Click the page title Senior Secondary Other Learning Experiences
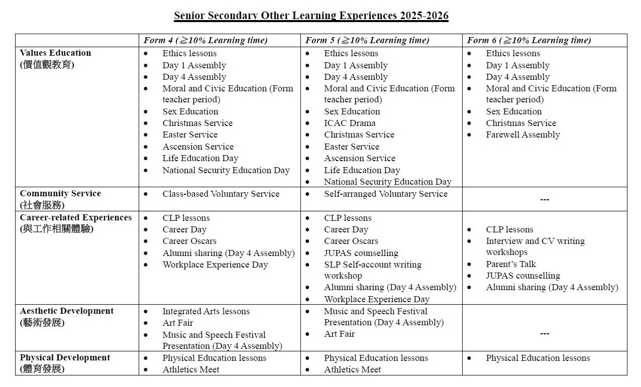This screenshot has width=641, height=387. pos(311,16)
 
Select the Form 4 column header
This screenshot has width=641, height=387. pos(205,41)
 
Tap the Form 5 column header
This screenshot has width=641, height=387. pos(367,41)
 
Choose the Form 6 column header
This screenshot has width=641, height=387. pos(529,41)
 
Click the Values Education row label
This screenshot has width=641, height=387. pos(55,53)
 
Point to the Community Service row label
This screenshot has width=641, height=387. pos(60,194)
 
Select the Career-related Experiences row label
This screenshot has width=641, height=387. pos(76,218)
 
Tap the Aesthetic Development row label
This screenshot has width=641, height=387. pos(67,311)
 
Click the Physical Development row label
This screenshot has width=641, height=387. pos(65,358)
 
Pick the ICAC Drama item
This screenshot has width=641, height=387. pos(350,123)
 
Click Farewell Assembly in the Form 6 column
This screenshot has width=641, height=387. pos(522,135)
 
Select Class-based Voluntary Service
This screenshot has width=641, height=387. pos(221,194)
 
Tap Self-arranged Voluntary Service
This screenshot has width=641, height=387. pos(385,194)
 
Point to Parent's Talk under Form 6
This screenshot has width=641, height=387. pos(511,264)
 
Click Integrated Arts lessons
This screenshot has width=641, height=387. pos(206,311)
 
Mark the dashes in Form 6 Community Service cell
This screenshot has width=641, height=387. pos(545,200)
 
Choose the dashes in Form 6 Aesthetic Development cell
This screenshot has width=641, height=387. pos(545,334)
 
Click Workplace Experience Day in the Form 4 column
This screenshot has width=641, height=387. pos(215,265)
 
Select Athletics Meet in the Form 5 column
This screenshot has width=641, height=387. pos(352,369)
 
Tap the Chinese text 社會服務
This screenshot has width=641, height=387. pos(42,205)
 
